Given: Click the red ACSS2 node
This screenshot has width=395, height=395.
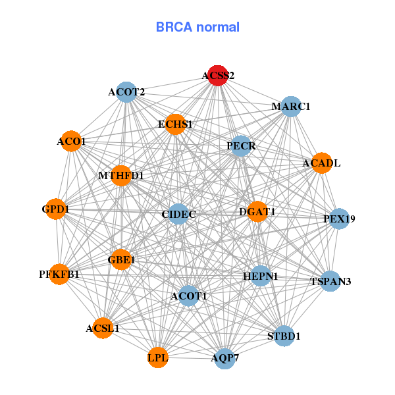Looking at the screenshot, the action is coord(217,75).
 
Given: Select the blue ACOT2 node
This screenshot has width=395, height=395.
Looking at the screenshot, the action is coord(126,92).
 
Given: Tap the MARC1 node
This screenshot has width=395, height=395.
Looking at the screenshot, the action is coord(291,107).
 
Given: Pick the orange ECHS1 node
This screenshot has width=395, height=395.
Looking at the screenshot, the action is coord(175,124).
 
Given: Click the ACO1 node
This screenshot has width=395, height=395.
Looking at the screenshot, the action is coord(71,141).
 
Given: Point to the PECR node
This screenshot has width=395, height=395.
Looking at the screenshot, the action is coord(241,145).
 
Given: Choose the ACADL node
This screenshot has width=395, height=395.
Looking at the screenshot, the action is coord(321,163).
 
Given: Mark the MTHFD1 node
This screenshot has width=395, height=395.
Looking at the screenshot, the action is coord(121,176).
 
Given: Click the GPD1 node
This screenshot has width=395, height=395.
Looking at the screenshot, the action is coord(55,209).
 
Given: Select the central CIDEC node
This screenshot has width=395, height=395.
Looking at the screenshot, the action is coord(178,214).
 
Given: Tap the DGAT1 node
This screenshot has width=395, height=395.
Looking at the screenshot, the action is coord(257,211).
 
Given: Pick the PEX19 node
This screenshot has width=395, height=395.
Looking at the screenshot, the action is coord(339,219).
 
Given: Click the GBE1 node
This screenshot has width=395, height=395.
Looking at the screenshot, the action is coord(121,260).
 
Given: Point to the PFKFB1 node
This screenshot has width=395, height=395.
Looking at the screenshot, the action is coord(59,274).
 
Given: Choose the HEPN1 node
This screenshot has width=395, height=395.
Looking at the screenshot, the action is coord(261,276).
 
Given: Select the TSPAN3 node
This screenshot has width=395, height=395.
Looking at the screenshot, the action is coord(330,281).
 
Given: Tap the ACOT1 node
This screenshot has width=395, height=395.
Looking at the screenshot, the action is coord(189,296).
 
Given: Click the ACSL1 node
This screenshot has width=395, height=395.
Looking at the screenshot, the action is coord(103,327).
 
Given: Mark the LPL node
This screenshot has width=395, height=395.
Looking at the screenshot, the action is coord(158,357).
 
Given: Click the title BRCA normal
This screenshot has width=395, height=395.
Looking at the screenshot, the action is coord(197,28).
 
